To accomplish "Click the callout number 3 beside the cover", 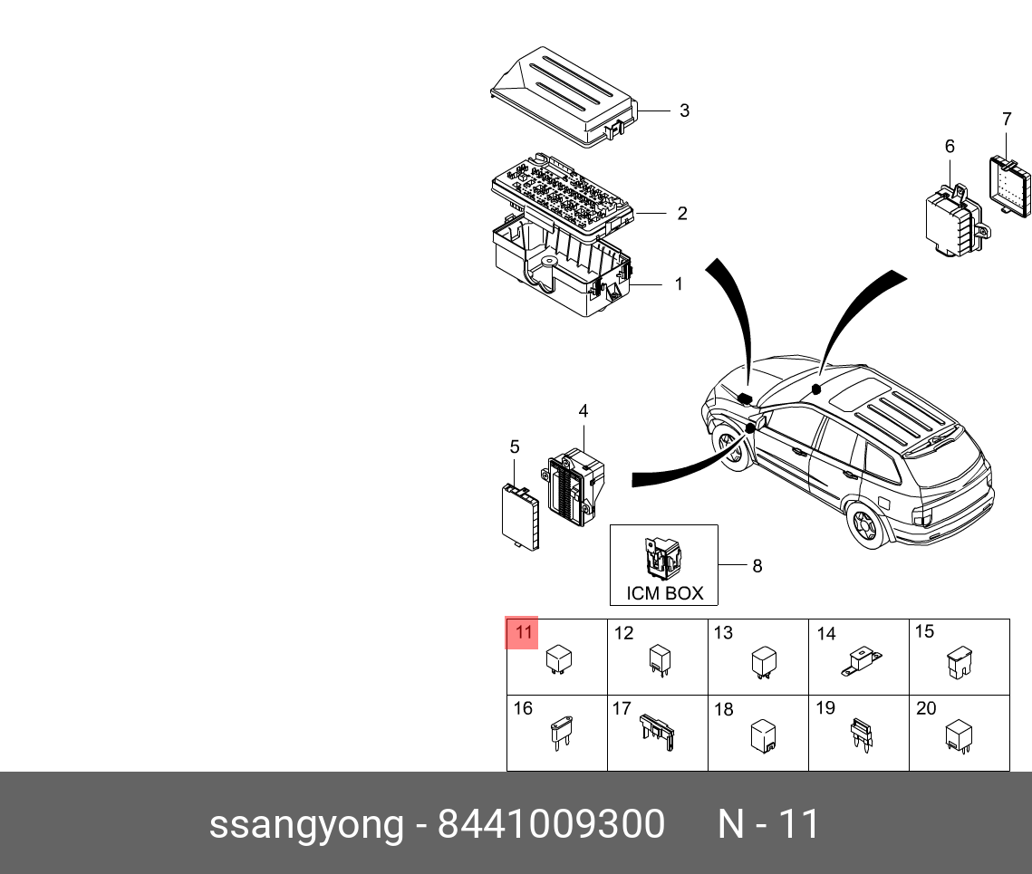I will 684,110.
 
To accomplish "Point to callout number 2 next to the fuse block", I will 681,214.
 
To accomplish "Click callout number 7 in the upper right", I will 1007,120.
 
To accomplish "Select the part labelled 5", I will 521,516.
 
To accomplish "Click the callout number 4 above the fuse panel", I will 584,411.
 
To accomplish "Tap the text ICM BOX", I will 664,594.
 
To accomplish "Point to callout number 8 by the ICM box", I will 757,566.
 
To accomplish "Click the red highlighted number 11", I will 523,632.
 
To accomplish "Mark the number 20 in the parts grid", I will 925,709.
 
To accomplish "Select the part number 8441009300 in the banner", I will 551,825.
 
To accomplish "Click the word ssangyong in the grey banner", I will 306,825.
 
